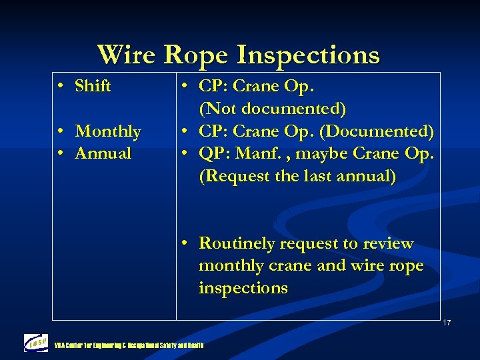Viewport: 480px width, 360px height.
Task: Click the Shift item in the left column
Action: [x=93, y=86]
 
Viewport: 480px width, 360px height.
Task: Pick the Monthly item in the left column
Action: [x=107, y=131]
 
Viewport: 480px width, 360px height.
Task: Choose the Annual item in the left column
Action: [x=103, y=153]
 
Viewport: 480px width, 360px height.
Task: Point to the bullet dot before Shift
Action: [x=61, y=87]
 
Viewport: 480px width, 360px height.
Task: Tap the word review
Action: [x=388, y=244]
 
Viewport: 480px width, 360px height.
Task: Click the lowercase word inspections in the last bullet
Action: [x=243, y=288]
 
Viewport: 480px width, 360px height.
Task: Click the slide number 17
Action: [x=447, y=323]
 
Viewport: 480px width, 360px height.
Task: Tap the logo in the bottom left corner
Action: [x=36, y=343]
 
